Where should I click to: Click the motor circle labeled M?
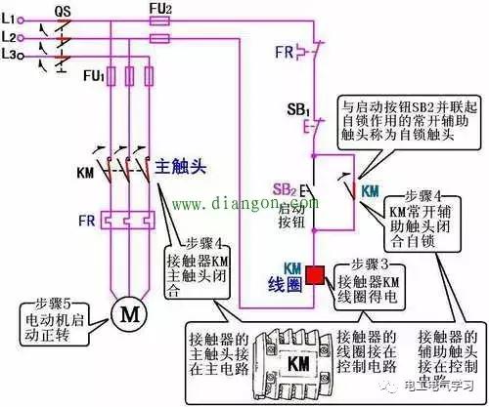pos(124,312)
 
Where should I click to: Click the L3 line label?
pos(13,55)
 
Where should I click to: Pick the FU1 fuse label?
pos(95,73)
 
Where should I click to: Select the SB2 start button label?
pos(285,186)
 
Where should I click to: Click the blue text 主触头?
pos(180,166)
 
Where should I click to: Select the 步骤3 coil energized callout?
pos(373,278)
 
